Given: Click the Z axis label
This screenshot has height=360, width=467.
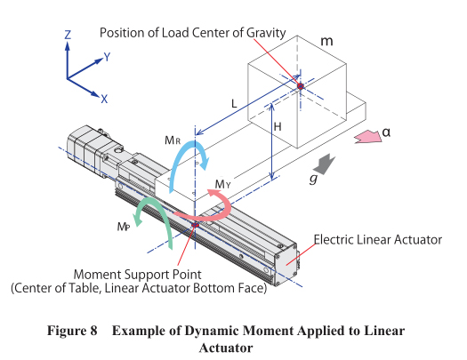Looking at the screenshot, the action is pos(68,35).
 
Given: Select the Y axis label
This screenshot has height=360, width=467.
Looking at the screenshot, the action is pos(107,57).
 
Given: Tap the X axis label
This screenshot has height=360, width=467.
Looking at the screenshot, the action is pos(104,99).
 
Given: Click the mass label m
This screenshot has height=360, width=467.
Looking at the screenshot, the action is pos(326,42).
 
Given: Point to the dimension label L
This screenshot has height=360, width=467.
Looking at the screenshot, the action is pos(234,103).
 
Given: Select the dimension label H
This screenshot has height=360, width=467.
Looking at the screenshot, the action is pos(278,127).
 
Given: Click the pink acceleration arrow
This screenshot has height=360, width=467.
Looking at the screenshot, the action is pos(368,137).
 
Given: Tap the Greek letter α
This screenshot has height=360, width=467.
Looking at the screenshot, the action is pos(386,132).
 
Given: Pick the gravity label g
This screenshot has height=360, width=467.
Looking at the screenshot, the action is pos(313,179).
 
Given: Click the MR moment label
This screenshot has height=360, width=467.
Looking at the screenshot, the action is pos(173,140).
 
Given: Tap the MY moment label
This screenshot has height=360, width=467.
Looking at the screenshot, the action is pos(222,185).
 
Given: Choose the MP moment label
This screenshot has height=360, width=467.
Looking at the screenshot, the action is pos(124,227).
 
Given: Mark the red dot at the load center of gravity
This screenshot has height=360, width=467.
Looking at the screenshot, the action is pos(301,86).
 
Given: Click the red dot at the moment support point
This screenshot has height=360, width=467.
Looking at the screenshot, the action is pos(195,225).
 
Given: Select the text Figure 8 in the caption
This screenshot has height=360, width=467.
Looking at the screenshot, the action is pos(72,331).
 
